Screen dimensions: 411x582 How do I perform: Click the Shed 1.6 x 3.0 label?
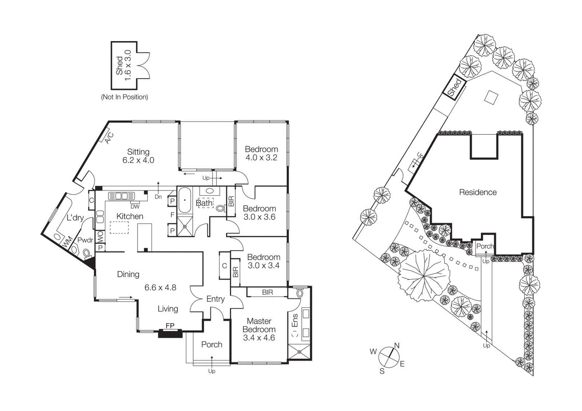click(124, 65)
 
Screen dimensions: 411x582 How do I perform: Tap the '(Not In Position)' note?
click(124, 97)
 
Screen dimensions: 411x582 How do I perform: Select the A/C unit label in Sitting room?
click(109, 138)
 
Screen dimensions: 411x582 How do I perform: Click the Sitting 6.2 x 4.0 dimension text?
click(138, 160)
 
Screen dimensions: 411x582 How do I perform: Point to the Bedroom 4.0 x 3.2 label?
click(261, 153)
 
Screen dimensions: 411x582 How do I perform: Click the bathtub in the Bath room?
click(185, 200)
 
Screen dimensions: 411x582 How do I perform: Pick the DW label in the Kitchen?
click(135, 206)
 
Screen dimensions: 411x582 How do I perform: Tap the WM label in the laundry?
click(68, 241)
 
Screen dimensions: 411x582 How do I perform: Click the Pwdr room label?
click(85, 240)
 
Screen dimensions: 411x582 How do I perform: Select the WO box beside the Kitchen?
click(100, 237)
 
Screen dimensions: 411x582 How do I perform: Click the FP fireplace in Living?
click(170, 326)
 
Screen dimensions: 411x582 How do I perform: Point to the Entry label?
click(215, 299)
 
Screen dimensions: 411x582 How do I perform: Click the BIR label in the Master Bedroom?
click(267, 292)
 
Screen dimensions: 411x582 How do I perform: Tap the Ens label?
click(295, 320)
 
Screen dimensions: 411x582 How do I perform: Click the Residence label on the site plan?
click(478, 192)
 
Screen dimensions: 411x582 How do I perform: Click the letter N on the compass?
click(397, 346)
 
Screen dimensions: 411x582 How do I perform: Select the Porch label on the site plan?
click(485, 246)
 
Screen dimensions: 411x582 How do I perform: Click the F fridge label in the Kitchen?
click(172, 215)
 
